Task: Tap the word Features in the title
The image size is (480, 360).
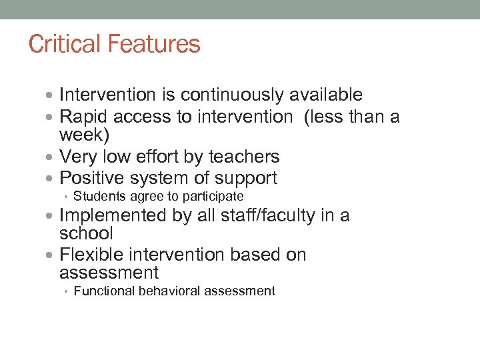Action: tap(157, 44)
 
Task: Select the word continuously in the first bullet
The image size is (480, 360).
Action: tap(229, 95)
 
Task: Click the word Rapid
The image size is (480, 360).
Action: tap(85, 117)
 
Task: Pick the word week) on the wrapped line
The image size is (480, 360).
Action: tap(83, 135)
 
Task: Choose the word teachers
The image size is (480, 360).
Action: tap(244, 157)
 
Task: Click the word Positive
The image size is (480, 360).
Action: tap(91, 178)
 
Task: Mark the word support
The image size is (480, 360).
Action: tap(247, 178)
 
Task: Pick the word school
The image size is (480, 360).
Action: tap(86, 233)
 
